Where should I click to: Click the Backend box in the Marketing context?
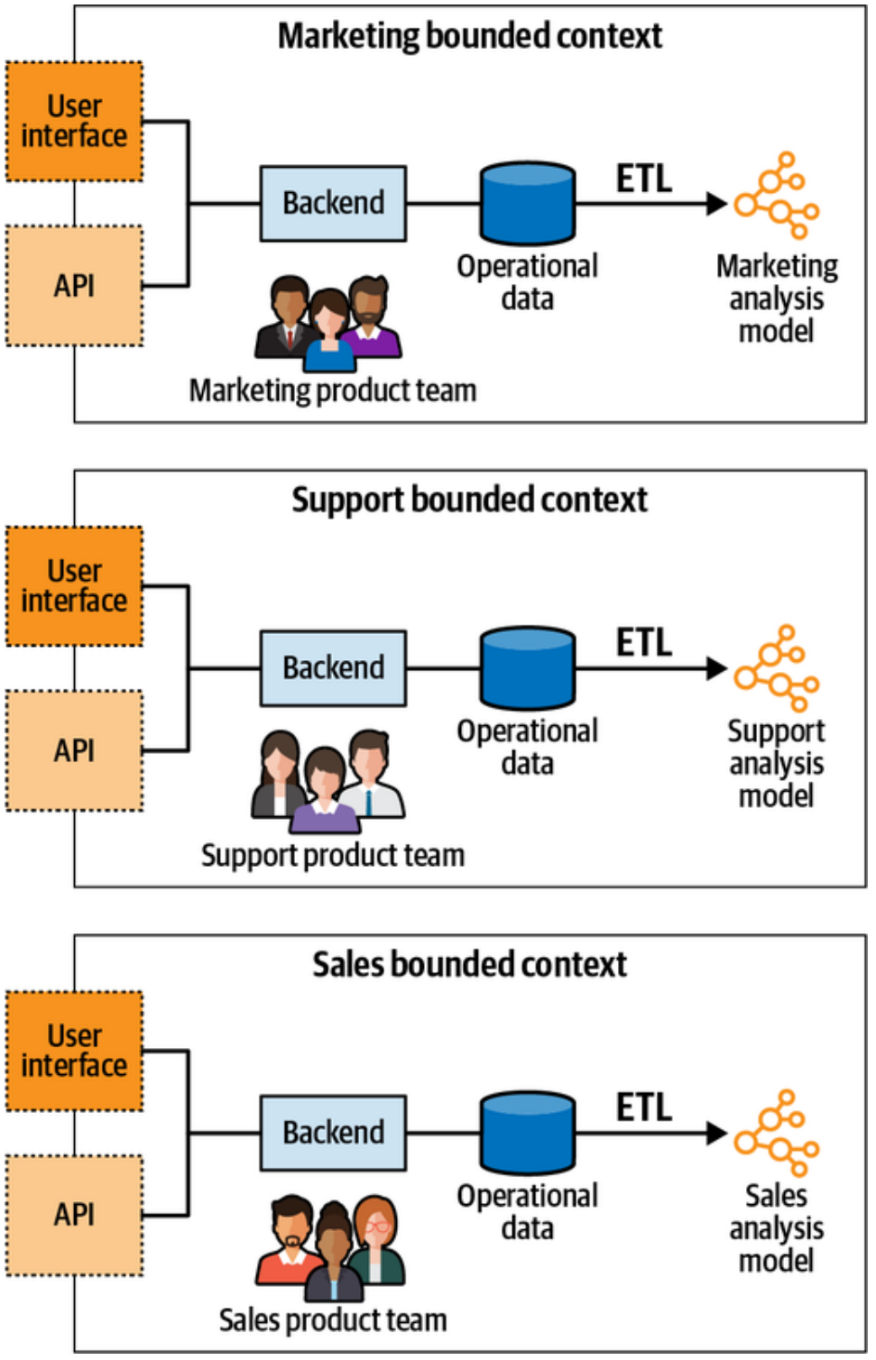click(x=333, y=203)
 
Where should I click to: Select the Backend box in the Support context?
click(x=333, y=667)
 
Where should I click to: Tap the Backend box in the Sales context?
click(x=333, y=1133)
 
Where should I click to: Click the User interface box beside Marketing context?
click(x=74, y=122)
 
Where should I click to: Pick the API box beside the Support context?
click(x=74, y=750)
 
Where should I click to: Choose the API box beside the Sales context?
click(x=74, y=1215)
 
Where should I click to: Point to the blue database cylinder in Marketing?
click(x=528, y=204)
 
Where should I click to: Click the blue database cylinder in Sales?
click(x=528, y=1133)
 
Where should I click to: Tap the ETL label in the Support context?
click(x=644, y=643)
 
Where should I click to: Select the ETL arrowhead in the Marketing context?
click(x=716, y=204)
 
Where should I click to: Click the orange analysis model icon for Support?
click(x=777, y=668)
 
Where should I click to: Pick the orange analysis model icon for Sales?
click(x=777, y=1134)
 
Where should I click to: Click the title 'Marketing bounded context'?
click(x=469, y=36)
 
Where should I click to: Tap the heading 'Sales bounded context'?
click(x=469, y=965)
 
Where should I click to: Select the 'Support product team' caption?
click(x=333, y=855)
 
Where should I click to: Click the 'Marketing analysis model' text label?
click(x=776, y=299)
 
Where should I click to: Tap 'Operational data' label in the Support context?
click(x=527, y=748)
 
